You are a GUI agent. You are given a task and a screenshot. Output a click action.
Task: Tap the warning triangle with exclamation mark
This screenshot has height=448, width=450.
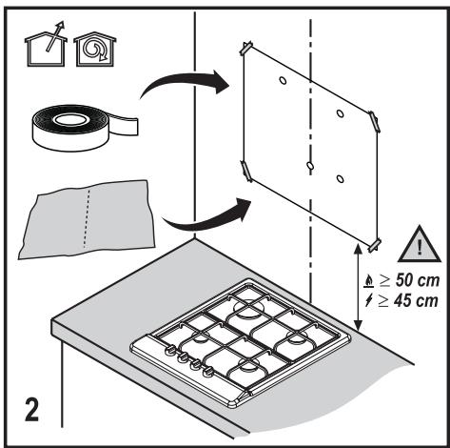click(420, 245)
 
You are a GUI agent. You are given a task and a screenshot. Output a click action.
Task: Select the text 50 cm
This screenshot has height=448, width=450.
click(418, 280)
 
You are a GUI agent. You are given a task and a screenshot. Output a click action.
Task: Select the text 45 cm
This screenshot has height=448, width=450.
click(416, 300)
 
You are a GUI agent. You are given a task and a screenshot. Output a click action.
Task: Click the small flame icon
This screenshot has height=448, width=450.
click(369, 281)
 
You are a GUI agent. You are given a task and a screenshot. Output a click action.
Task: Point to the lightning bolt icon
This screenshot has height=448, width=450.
click(368, 300)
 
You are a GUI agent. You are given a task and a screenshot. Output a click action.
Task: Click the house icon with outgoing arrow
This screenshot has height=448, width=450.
click(46, 45)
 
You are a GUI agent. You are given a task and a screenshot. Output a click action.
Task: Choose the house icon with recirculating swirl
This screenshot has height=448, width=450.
click(95, 49)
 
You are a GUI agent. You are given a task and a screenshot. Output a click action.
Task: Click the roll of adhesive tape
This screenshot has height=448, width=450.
click(85, 127)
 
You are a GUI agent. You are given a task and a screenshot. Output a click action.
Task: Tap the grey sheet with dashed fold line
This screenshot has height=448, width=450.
click(87, 219)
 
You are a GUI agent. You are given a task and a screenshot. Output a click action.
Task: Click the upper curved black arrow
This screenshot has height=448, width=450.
click(184, 83)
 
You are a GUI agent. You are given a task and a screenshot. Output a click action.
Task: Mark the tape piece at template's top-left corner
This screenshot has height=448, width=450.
click(246, 48)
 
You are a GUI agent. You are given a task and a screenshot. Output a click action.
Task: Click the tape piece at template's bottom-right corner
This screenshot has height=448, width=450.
click(375, 245)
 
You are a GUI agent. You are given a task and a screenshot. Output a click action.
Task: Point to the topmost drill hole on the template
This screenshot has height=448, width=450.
click(283, 81)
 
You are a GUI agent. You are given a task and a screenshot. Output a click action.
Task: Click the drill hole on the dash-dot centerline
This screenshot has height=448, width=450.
click(310, 166)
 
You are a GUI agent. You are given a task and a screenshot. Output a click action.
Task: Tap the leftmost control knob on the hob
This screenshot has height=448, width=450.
click(170, 350)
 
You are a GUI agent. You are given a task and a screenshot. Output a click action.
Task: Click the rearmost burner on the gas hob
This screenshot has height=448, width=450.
click(249, 308)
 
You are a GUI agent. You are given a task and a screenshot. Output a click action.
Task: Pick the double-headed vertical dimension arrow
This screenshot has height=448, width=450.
click(358, 287)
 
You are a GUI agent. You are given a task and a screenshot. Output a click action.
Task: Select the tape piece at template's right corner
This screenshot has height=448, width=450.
click(374, 121)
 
